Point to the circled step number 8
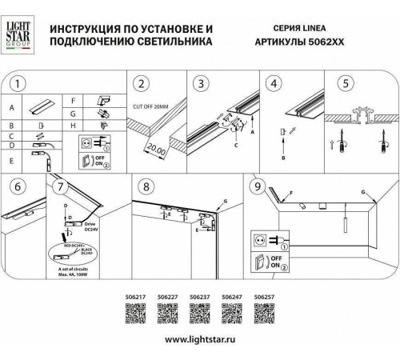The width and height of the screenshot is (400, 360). (x=144, y=187)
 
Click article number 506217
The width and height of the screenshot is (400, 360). (x=138, y=297)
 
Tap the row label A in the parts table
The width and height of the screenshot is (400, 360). (x=12, y=106)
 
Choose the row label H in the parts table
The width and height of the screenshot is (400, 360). (x=73, y=126)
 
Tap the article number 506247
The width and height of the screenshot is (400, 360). (x=232, y=297)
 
